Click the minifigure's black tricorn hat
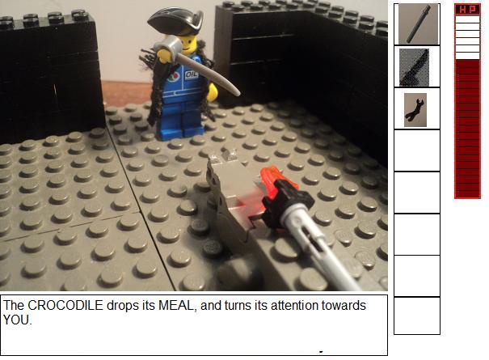(175, 19)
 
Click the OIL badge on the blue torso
(192, 75)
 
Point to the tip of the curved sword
(239, 94)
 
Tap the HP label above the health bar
(467, 10)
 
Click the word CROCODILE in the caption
(65, 305)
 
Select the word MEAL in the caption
(178, 305)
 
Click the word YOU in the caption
(16, 320)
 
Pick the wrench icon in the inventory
(415, 109)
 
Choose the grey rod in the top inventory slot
(419, 23)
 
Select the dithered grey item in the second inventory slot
(414, 67)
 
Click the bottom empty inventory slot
(417, 316)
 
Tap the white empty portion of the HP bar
(467, 37)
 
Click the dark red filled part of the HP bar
(467, 129)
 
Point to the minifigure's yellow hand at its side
(213, 92)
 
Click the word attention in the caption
(293, 305)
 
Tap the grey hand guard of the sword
(171, 46)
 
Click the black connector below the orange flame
(287, 201)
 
